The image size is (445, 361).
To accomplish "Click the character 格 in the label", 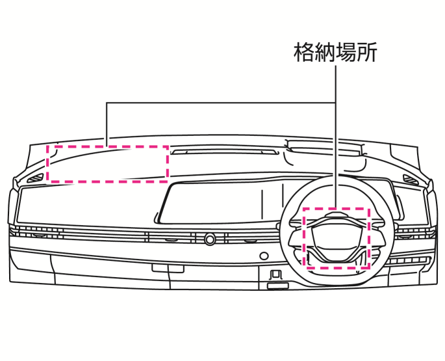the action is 304,52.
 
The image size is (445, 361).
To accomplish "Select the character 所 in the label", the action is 367,52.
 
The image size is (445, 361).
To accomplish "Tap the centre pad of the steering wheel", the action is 337,239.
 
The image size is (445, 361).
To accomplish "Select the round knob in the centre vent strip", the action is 210,239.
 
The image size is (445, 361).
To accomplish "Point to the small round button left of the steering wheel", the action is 264,256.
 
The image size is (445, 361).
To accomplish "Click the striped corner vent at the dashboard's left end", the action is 36,178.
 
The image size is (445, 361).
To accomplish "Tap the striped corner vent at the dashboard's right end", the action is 411,179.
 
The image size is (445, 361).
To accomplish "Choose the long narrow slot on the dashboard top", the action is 224,152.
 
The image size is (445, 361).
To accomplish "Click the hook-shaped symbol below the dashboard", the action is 275,274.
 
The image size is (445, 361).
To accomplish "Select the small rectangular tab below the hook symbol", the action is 278,286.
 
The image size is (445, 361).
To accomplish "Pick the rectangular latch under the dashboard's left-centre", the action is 168,269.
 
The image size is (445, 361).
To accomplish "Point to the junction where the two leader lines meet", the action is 336,103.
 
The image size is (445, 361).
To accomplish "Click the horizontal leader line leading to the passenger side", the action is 221,103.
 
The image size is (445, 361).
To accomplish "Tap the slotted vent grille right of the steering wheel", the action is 409,261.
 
